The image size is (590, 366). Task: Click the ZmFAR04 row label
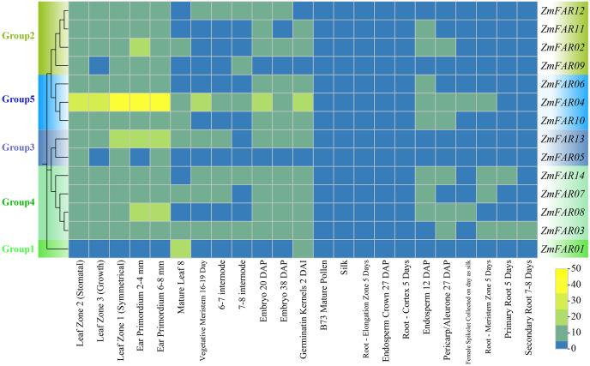(x=562, y=101)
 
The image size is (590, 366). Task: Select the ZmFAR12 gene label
(x=562, y=10)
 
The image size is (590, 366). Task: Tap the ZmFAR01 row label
(x=562, y=249)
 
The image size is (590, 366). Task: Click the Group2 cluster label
(x=18, y=37)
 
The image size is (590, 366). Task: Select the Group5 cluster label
(x=18, y=99)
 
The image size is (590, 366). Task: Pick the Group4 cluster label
(x=18, y=202)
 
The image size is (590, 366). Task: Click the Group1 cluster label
(x=18, y=249)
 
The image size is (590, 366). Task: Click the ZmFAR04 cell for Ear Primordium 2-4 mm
(x=140, y=101)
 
